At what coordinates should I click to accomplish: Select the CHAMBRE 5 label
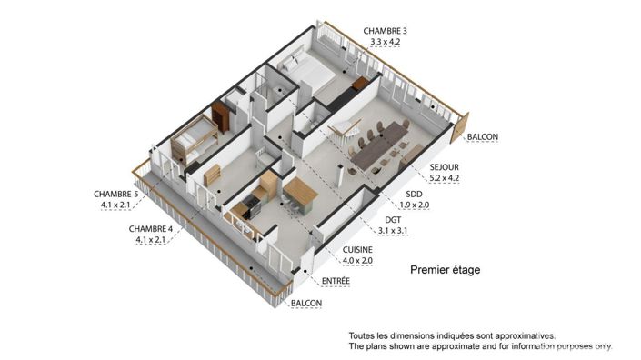tap(115, 194)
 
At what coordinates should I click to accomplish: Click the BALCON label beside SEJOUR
tap(483, 138)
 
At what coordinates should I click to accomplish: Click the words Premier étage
tap(445, 270)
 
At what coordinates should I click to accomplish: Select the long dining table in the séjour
tap(380, 145)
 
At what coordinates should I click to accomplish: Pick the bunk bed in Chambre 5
tap(193, 141)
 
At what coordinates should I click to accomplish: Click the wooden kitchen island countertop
tap(301, 192)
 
